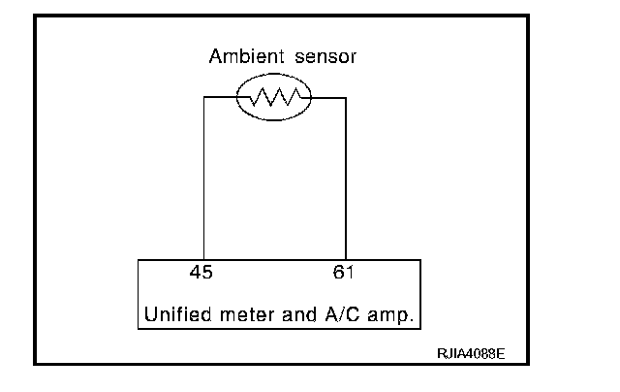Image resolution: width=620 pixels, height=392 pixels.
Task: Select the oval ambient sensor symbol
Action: (273, 97)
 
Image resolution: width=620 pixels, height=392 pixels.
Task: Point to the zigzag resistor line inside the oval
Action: (273, 97)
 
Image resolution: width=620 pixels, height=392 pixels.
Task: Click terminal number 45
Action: (202, 273)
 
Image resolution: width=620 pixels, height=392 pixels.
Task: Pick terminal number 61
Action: (344, 273)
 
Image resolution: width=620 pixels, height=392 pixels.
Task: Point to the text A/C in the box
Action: (332, 315)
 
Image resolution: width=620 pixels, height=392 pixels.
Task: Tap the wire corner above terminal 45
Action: (203, 97)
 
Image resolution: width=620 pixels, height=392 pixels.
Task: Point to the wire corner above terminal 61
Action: (346, 97)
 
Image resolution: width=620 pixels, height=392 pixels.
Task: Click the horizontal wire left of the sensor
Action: (221, 97)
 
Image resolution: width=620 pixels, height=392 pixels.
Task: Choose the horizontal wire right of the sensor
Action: (327, 97)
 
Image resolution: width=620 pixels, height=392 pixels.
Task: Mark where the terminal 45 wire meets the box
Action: (203, 259)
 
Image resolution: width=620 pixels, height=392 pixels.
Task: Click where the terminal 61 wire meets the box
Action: (346, 259)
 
